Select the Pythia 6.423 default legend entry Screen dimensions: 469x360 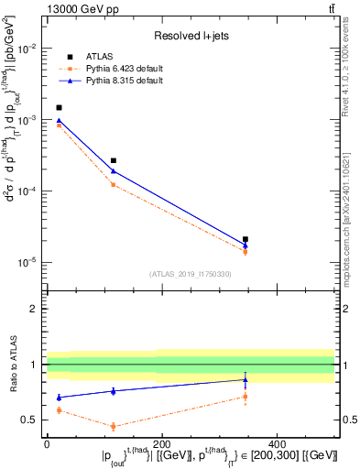click(122, 69)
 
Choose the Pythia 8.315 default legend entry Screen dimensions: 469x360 click(122, 81)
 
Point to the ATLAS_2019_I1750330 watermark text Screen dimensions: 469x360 click(191, 274)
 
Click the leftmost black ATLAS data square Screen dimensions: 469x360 click(60, 107)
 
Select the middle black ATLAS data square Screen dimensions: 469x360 click(114, 160)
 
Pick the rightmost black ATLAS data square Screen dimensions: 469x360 click(245, 239)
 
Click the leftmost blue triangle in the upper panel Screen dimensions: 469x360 click(60, 120)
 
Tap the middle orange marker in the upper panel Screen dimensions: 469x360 click(114, 185)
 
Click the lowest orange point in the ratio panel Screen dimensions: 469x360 click(114, 426)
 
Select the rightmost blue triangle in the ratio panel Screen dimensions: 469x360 click(245, 379)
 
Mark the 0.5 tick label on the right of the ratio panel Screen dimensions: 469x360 click(347, 420)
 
